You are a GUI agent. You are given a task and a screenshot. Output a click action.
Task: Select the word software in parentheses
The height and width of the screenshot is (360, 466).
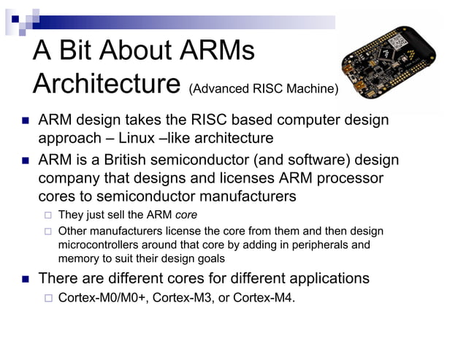(293, 159)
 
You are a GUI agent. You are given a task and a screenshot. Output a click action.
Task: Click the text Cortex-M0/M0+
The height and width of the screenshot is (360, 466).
(103, 297)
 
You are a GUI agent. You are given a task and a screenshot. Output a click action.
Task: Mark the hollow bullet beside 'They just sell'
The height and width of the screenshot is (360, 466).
(47, 215)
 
